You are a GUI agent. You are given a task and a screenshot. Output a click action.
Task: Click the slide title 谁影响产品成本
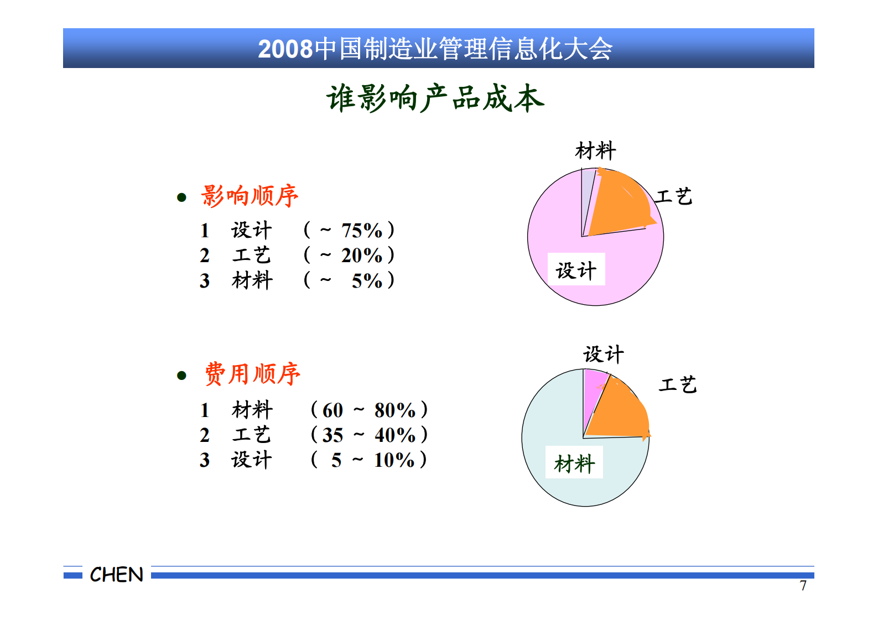435,98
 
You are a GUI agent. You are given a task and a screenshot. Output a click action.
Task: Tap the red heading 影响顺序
250,196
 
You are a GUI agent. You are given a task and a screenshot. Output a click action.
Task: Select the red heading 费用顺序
252,374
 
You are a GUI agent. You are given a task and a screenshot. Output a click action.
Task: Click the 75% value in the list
362,230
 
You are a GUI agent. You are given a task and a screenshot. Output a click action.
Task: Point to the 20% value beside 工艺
362,256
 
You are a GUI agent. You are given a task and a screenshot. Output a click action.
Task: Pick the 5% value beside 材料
367,281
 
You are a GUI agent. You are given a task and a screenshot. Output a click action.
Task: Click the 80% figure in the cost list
395,410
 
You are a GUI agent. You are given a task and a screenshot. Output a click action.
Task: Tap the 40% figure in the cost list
395,435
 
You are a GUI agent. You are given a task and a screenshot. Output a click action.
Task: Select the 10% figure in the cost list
394,460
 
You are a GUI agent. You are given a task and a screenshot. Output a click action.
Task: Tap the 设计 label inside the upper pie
576,270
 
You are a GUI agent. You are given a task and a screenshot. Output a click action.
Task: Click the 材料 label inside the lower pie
574,463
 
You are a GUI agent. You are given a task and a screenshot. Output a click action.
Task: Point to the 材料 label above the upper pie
595,150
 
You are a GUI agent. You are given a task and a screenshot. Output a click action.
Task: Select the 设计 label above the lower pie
604,355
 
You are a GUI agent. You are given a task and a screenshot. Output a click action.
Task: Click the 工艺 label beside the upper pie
674,196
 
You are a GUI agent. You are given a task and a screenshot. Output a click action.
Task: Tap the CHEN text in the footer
117,575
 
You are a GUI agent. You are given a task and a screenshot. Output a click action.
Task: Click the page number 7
803,586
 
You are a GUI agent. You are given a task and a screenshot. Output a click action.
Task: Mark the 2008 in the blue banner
285,49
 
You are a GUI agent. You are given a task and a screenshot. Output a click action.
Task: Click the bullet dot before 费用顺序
181,376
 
